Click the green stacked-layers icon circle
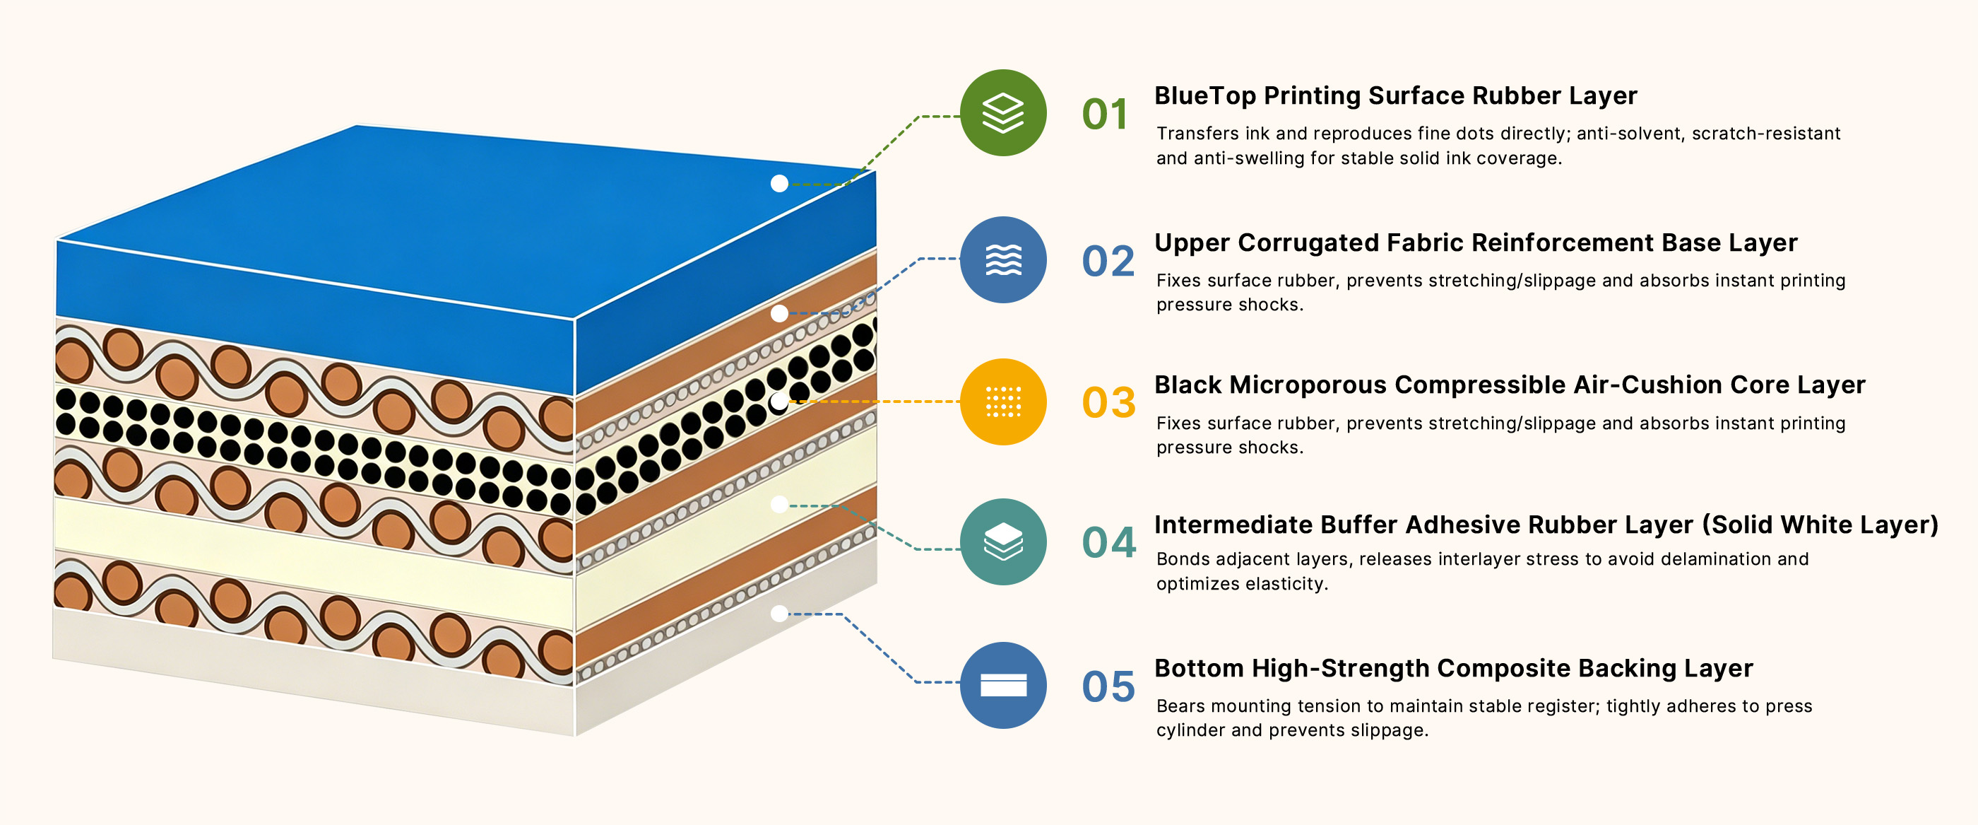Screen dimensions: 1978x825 (1003, 113)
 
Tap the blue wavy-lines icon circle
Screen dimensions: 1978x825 (1003, 259)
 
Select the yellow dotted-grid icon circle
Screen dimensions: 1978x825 (1003, 402)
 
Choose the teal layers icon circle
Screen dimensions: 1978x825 (1003, 542)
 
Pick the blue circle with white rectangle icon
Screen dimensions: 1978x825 (1003, 685)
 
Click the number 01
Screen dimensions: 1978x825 (1105, 115)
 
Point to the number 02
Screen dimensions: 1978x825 (1108, 261)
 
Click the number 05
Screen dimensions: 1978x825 (1108, 686)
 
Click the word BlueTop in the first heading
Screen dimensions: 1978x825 (1206, 96)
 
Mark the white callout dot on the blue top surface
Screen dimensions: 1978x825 (779, 184)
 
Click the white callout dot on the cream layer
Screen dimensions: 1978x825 (779, 505)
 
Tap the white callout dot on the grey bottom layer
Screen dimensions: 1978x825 (779, 614)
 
